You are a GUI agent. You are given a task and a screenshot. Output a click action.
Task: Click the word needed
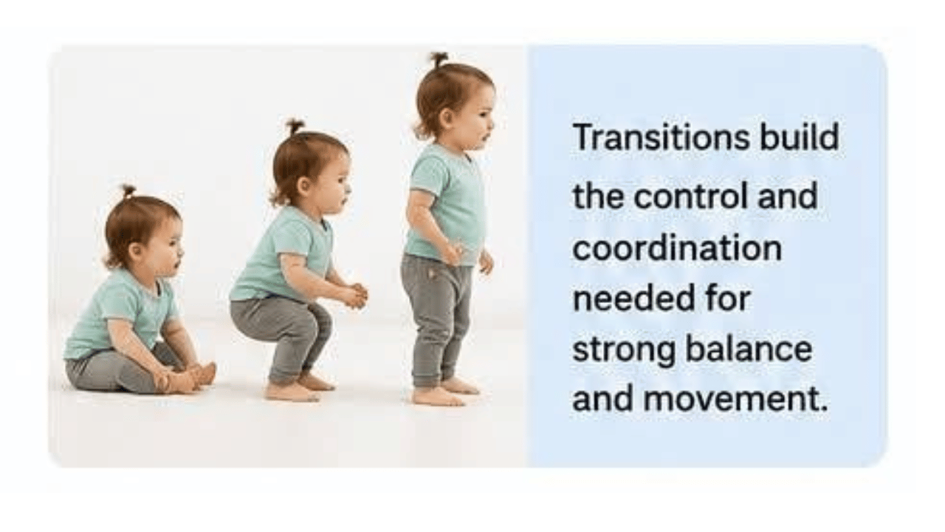coord(633,298)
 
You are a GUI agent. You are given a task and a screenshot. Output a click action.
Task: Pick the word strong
coord(624,351)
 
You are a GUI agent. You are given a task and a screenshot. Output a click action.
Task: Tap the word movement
coord(735,399)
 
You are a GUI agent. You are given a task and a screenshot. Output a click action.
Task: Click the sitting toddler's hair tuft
coord(128,191)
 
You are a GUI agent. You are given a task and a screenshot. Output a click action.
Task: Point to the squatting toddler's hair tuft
coord(295,126)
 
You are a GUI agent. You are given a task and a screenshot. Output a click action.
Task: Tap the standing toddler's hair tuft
coord(439,60)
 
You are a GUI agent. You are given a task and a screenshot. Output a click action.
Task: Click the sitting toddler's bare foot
coord(205,375)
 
